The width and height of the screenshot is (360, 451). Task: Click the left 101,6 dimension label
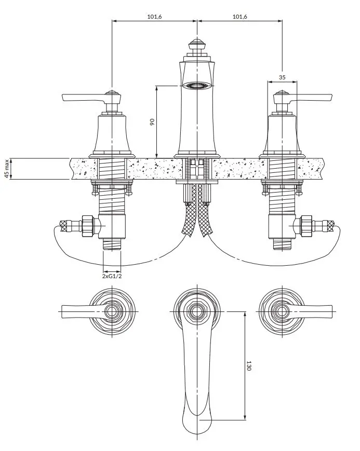pyautogui.click(x=155, y=17)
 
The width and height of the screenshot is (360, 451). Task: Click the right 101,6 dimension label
pyautogui.click(x=240, y=17)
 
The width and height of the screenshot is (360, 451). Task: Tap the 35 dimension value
pyautogui.click(x=282, y=77)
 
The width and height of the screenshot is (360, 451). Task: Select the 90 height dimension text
pyautogui.click(x=152, y=121)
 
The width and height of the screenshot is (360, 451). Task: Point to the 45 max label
pyautogui.click(x=7, y=169)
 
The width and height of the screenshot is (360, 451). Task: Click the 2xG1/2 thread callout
pyautogui.click(x=112, y=277)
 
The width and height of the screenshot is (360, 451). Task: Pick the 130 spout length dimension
pyautogui.click(x=249, y=365)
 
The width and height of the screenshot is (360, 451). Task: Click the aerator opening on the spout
pyautogui.click(x=197, y=85)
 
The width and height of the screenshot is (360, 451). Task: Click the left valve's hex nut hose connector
pyautogui.click(x=88, y=226)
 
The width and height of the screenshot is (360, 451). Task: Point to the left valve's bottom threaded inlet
pyautogui.click(x=112, y=244)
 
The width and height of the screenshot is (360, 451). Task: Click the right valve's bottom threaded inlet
pyautogui.click(x=282, y=244)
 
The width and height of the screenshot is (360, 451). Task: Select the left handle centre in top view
pyautogui.click(x=112, y=311)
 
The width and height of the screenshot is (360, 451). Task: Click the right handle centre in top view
pyautogui.click(x=282, y=311)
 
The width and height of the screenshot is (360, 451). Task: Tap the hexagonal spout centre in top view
pyautogui.click(x=197, y=311)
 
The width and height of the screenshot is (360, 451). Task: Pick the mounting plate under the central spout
pyautogui.click(x=197, y=182)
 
